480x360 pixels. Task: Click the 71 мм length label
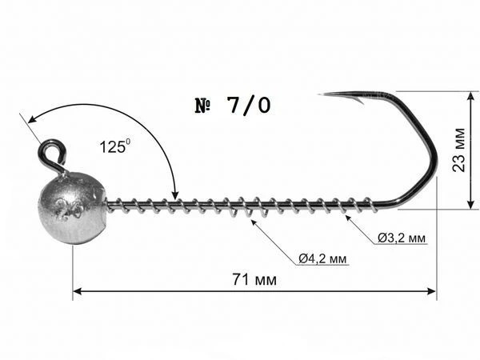tap(254, 279)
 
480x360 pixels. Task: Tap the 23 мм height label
tap(459, 150)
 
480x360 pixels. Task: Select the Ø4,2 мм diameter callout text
tap(323, 259)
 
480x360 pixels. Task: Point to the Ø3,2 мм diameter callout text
tap(402, 238)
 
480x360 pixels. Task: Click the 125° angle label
tap(114, 146)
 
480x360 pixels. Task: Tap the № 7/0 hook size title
tap(233, 106)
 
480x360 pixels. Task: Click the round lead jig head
tap(72, 208)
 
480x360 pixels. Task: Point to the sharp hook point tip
tap(319, 94)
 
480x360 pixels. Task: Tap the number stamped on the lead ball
tap(70, 209)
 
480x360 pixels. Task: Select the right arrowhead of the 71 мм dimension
tap(431, 291)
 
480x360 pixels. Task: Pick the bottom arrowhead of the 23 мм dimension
tap(471, 204)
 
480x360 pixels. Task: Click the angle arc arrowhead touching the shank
tap(174, 194)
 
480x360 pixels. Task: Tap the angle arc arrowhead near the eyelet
tap(32, 118)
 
